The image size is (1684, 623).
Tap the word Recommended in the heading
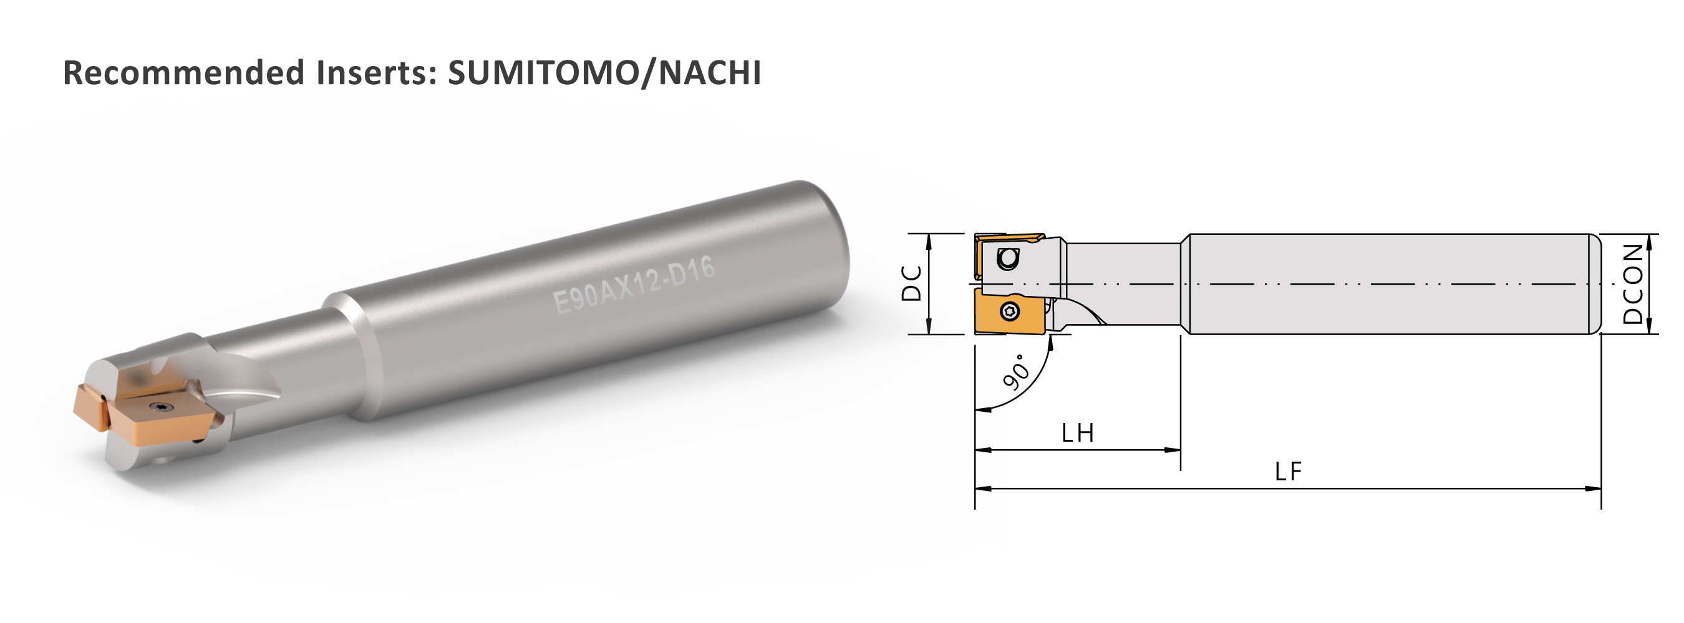(183, 72)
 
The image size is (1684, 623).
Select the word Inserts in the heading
(376, 72)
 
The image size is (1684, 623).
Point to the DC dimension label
(911, 283)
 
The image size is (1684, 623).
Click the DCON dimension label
(1633, 283)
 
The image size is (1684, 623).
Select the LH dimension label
(1077, 433)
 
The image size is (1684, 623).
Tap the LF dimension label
(1288, 472)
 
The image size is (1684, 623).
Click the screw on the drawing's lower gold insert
(1009, 312)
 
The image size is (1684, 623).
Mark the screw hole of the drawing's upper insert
(1007, 259)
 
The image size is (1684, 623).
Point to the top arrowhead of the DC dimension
(929, 240)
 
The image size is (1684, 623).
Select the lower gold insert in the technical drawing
(1009, 311)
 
